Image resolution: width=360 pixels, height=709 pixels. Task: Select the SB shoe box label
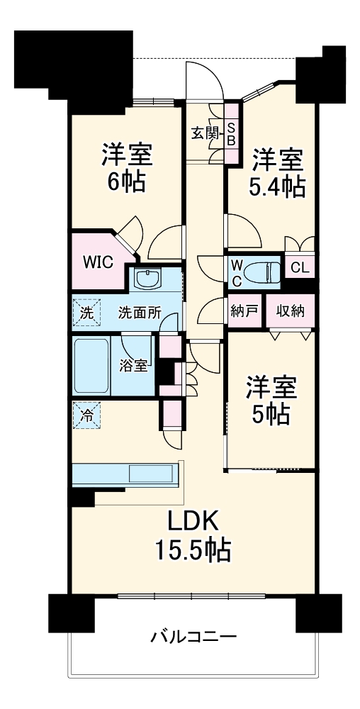pos(231,133)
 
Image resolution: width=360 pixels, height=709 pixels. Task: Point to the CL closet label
pos(300,269)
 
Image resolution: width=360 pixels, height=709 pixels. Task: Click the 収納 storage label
pos(291,311)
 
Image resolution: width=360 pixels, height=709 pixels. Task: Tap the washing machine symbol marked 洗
pos(85,311)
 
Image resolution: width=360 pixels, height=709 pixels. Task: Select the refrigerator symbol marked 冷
pos(85,415)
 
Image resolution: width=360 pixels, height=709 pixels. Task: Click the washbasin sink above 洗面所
pos(149,280)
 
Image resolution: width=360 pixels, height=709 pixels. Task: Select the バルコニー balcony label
pos(193,636)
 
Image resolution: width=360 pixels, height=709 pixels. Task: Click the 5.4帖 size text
pos(279,186)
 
